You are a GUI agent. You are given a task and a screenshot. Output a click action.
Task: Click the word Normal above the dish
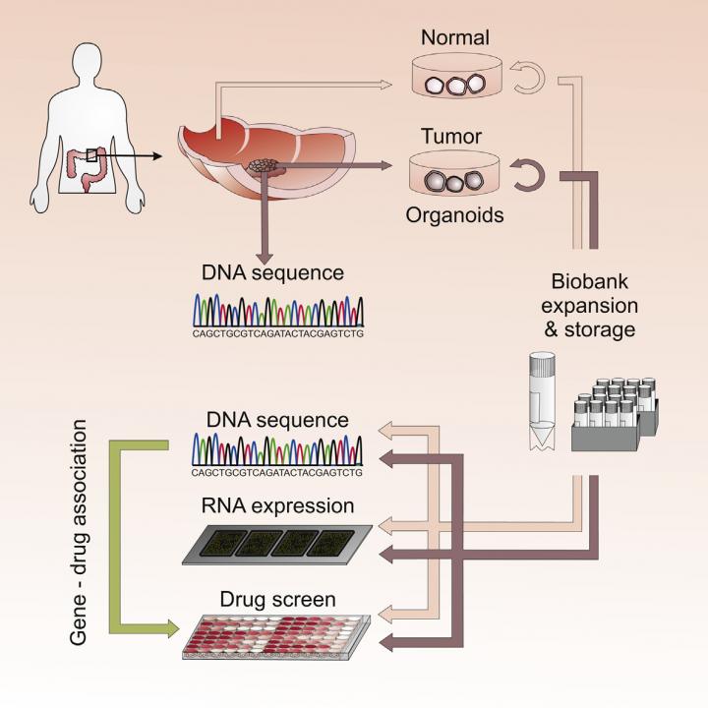454,37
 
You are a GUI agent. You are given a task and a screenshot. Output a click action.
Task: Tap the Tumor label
451,137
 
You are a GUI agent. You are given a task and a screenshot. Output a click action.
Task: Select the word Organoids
454,215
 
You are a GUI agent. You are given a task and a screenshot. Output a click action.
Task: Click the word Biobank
590,282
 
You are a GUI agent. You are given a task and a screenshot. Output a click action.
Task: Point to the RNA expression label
277,506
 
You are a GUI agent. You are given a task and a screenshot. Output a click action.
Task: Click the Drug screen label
277,600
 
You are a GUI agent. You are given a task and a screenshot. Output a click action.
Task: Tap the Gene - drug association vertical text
78,532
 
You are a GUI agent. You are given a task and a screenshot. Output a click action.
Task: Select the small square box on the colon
91,155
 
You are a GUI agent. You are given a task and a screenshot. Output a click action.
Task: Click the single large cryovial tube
542,401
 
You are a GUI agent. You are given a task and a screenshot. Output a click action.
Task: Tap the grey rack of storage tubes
615,415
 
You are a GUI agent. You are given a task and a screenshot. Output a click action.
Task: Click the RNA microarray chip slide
277,545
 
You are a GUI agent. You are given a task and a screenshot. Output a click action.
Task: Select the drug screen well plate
276,636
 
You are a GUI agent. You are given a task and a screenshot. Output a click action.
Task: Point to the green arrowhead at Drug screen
173,628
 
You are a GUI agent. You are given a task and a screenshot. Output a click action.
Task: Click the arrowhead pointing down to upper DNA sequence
265,259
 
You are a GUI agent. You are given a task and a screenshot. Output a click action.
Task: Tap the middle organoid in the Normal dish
456,87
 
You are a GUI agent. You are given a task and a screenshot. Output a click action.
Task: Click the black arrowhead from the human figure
157,156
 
